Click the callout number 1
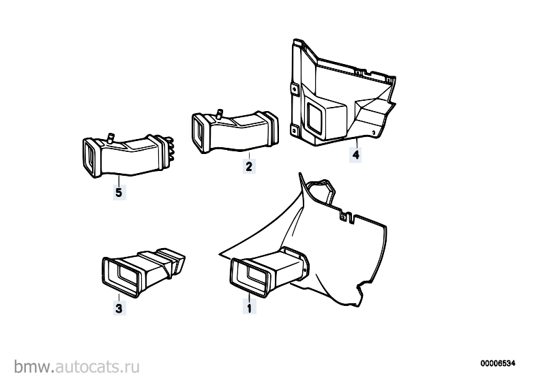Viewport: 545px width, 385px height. click(x=249, y=307)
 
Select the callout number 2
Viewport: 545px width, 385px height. click(x=249, y=167)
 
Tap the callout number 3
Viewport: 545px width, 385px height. click(x=119, y=308)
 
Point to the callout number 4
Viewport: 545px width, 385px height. click(x=355, y=155)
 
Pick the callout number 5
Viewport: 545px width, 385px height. click(x=119, y=192)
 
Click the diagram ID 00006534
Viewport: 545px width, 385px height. click(x=498, y=363)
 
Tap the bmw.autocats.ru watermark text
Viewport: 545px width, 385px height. click(x=77, y=367)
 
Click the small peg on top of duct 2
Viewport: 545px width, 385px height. click(x=219, y=114)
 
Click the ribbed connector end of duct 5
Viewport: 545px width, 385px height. click(x=169, y=149)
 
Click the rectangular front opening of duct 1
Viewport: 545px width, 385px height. click(x=250, y=278)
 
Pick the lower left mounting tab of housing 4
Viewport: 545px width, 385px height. click(x=294, y=131)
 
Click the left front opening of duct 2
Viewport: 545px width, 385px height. click(x=199, y=133)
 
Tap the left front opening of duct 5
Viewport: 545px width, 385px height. click(x=91, y=158)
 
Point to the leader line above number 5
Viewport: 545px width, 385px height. click(x=119, y=181)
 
